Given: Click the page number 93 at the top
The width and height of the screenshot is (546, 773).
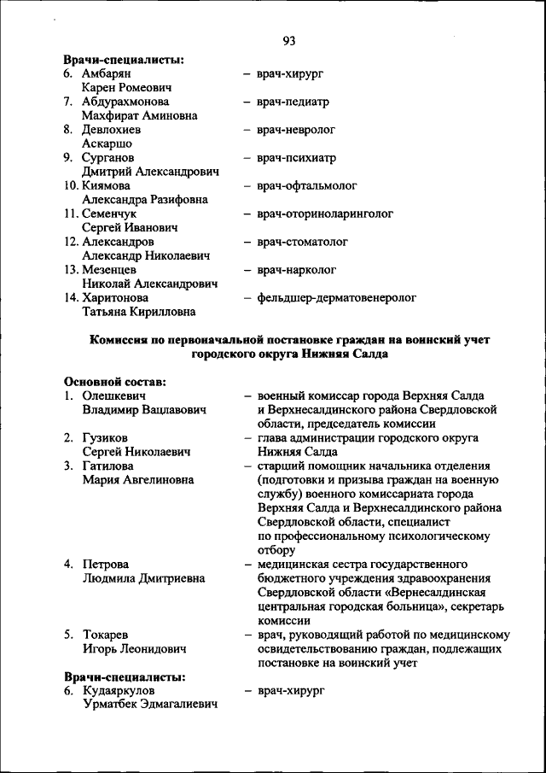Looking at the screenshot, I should (288, 41).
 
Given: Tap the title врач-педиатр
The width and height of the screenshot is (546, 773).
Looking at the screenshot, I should (292, 102).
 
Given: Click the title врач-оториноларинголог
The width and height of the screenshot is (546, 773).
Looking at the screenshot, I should (324, 214).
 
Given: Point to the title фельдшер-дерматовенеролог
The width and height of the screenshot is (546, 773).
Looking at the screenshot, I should (335, 298).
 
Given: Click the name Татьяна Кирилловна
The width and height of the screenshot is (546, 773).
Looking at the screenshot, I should (138, 312).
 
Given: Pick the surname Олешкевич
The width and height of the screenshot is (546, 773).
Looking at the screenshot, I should (114, 395).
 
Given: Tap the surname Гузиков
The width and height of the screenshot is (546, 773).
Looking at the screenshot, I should (105, 437).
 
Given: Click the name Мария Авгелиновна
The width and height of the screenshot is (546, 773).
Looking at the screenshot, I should (137, 479).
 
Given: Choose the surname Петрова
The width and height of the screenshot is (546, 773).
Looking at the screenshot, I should (105, 564).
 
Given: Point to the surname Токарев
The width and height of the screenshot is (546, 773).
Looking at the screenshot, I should (106, 635).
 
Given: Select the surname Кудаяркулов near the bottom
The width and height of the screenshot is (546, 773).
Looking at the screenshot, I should (119, 690).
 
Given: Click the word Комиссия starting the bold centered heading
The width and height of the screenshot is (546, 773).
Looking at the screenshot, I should (124, 339).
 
